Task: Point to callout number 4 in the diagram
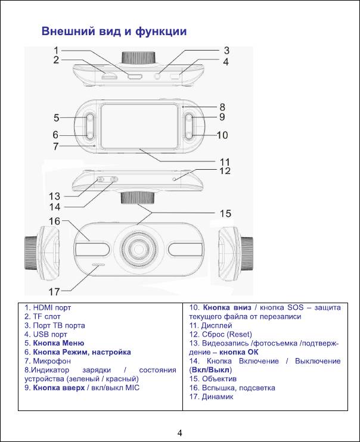tap(226, 61)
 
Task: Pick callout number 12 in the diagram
tap(224, 172)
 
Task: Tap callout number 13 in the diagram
tap(55, 195)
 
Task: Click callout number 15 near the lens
tap(225, 213)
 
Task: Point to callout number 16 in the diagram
tap(55, 221)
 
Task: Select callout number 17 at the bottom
tap(55, 291)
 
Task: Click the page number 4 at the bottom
tap(180, 431)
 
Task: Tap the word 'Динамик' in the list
tap(216, 397)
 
